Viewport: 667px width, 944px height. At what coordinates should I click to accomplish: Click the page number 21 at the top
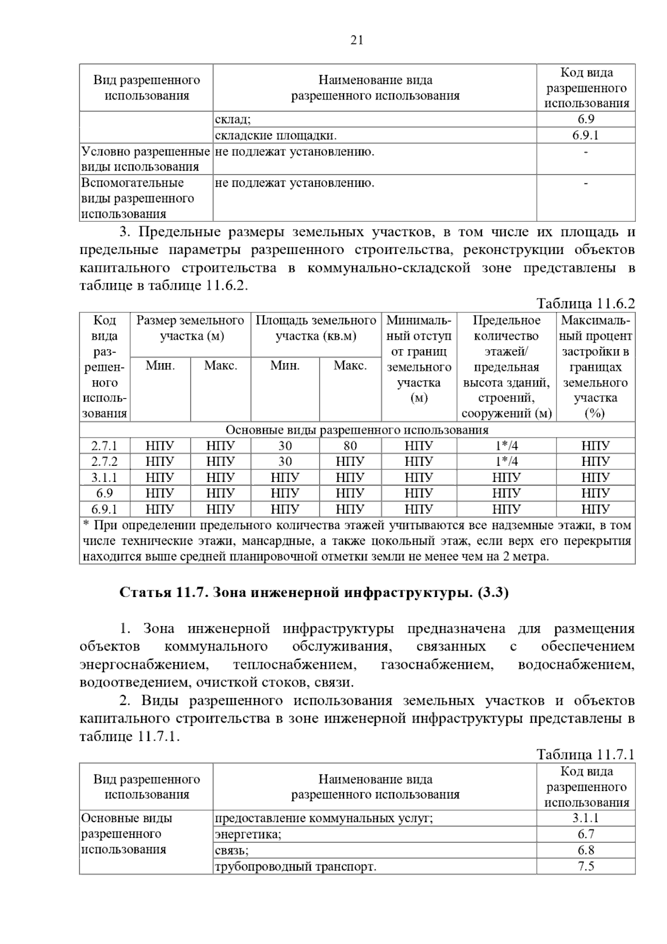click(x=357, y=40)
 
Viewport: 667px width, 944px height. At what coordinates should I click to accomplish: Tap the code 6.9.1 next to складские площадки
click(x=586, y=135)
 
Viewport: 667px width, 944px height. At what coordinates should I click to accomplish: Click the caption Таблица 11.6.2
click(x=585, y=304)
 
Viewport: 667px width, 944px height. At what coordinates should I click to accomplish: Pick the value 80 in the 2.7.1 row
click(x=350, y=446)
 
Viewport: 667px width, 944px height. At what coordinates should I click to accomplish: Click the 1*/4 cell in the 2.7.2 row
click(x=506, y=461)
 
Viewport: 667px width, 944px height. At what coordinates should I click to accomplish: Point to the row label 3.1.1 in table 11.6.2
click(x=104, y=477)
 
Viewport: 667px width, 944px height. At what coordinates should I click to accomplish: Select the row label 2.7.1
click(x=104, y=446)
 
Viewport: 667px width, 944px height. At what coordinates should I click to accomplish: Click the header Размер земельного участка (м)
click(x=191, y=328)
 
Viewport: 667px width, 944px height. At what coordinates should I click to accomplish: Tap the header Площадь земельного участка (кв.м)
click(x=316, y=328)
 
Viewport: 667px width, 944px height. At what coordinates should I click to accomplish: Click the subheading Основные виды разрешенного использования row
click(x=357, y=430)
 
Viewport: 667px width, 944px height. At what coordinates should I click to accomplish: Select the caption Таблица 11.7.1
click(x=585, y=754)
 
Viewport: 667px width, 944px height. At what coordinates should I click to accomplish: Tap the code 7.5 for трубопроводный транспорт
click(x=586, y=866)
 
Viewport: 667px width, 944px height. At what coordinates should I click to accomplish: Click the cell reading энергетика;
click(x=248, y=834)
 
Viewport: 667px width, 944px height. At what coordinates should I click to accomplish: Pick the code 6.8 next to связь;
click(x=586, y=850)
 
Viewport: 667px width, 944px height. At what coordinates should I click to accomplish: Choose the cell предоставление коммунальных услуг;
click(x=323, y=818)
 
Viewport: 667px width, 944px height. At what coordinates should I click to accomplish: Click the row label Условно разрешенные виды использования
click(x=146, y=159)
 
